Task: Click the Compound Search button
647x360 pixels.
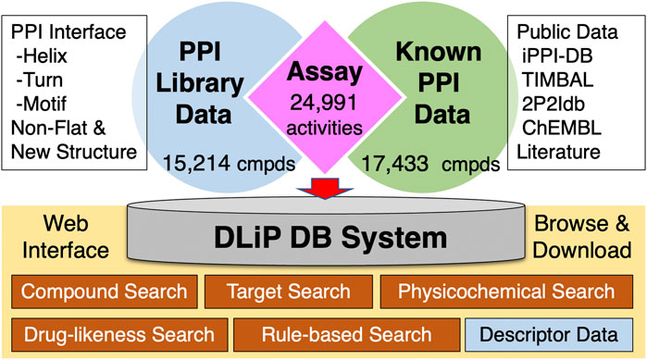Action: pos(104,292)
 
